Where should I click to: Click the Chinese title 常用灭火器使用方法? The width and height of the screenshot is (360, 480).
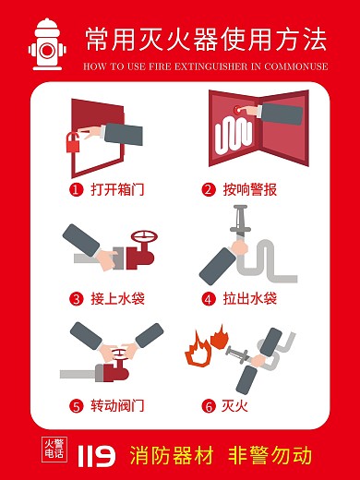tap(205, 39)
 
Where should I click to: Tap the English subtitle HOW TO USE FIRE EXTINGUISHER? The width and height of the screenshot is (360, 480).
tap(205, 67)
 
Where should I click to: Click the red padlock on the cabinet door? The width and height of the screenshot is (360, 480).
tap(71, 142)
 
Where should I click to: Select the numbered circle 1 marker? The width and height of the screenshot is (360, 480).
tap(78, 190)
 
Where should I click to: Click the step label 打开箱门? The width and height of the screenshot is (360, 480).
tap(117, 190)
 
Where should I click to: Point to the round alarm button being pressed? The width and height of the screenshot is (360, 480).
tap(244, 110)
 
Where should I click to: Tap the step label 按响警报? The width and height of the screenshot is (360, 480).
tap(249, 190)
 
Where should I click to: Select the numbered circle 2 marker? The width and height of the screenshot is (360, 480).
tap(209, 190)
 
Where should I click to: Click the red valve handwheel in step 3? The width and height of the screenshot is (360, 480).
tap(142, 238)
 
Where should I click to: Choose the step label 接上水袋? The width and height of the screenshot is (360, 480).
tap(117, 298)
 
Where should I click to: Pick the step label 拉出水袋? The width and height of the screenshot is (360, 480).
tap(249, 298)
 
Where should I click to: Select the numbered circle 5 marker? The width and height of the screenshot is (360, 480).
tap(78, 405)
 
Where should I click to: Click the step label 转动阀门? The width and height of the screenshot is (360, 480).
tap(117, 405)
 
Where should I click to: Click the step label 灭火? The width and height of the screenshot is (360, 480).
tap(236, 405)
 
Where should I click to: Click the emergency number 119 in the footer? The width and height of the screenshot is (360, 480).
tap(97, 454)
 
